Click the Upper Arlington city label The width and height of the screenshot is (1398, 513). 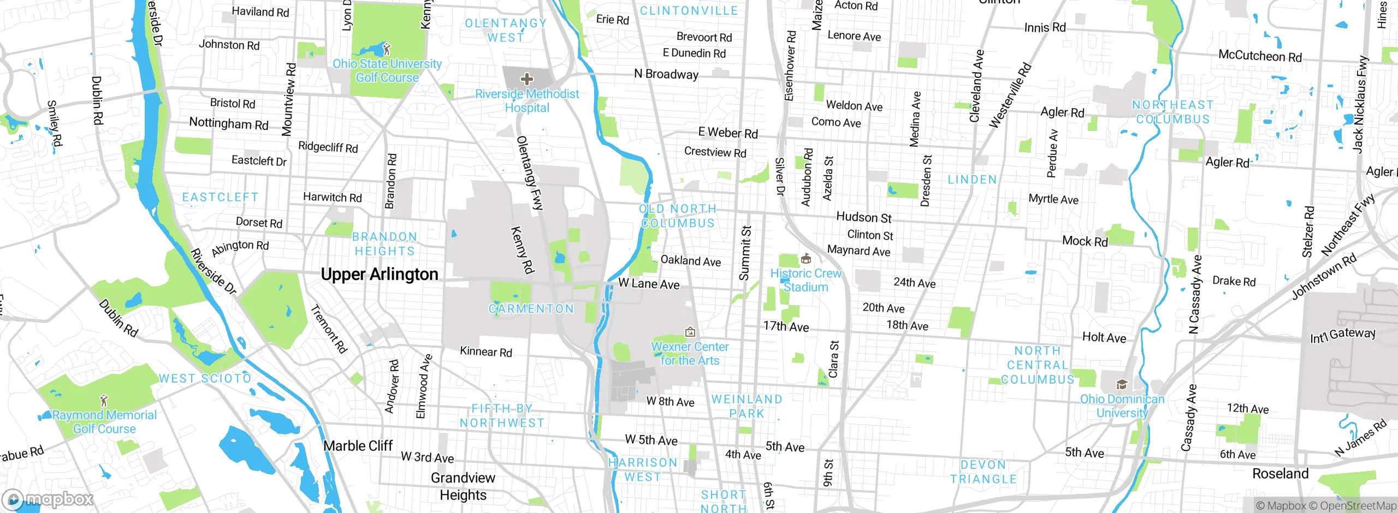tap(380, 274)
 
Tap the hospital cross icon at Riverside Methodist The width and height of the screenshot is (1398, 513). tap(526, 79)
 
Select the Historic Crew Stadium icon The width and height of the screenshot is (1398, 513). tap(805, 258)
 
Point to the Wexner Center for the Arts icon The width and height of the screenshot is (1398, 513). tap(690, 331)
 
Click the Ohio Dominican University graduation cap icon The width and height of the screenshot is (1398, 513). tap(1122, 384)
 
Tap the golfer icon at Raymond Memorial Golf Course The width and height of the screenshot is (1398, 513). tap(104, 400)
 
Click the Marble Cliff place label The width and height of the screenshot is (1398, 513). tap(358, 446)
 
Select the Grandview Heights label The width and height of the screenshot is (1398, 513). tap(463, 486)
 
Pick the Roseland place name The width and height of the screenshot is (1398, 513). tap(1280, 473)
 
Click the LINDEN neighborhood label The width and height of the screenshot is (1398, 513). tap(972, 180)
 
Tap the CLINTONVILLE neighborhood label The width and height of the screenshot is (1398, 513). tap(689, 11)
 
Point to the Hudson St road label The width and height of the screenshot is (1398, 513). tap(863, 217)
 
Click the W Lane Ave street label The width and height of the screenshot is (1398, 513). tap(649, 283)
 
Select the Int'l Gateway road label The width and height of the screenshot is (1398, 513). tap(1342, 335)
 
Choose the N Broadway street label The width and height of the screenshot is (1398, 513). tap(666, 74)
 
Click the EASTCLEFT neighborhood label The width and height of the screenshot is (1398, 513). tap(220, 197)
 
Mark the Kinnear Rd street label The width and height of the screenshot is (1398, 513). tap(486, 351)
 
